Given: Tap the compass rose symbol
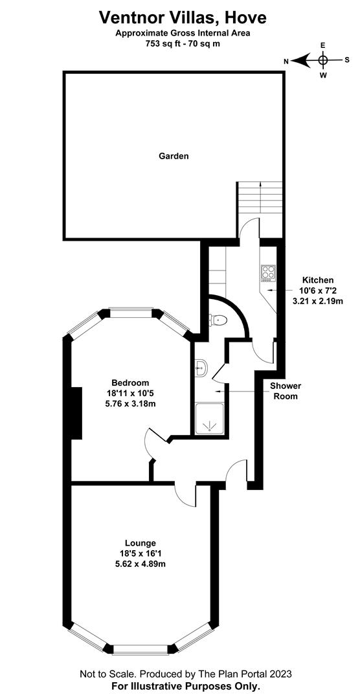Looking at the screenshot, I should tap(323, 60).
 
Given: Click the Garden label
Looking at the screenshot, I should tap(174, 156).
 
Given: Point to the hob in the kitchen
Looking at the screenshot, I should tap(268, 272).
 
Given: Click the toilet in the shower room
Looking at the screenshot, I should tap(219, 319).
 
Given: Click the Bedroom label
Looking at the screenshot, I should tap(130, 383).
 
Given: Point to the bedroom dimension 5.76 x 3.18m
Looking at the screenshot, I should tap(130, 404).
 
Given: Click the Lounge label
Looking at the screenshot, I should tap(141, 542).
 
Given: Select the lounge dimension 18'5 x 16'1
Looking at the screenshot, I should tap(141, 553).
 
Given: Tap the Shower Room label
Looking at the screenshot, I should tap(286, 391).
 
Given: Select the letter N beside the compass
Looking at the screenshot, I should tap(286, 61).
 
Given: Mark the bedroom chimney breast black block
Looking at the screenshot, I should tap(76, 414).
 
